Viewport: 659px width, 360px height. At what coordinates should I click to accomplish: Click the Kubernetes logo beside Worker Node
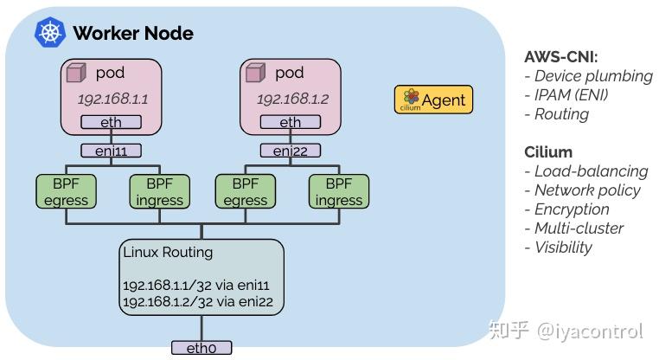pos(50,33)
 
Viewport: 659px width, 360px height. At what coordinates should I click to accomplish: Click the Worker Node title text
pos(132,34)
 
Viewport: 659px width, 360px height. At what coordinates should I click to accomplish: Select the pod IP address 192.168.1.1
pos(112,99)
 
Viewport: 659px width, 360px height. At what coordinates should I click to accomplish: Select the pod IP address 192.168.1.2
pos(292,99)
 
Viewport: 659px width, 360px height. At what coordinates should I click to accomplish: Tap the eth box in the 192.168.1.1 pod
pos(111,122)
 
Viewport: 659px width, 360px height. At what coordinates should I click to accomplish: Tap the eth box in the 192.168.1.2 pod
pos(291,122)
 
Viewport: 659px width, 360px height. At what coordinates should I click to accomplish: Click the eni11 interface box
pos(111,151)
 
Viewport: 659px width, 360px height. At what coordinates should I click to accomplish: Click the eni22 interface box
pos(291,151)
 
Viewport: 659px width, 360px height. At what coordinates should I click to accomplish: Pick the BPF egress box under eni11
pos(65,191)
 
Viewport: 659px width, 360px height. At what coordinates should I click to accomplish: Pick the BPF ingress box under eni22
pos(338,191)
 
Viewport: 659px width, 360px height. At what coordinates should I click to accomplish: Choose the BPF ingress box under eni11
pos(159,191)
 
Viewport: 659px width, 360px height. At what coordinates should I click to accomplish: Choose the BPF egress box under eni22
pos(245,191)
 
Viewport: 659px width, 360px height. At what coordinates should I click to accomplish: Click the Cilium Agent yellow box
pos(433,100)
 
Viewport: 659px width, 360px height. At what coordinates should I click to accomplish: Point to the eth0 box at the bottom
pos(202,348)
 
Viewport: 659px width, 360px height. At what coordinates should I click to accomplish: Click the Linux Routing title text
pos(168,253)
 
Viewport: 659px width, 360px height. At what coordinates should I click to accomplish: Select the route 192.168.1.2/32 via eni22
pos(199,303)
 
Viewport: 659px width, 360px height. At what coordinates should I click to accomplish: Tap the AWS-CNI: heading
pos(560,57)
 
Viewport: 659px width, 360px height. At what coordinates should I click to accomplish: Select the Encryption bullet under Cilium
pos(572,209)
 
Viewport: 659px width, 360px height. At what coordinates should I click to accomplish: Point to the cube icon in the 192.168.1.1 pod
pos(76,73)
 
